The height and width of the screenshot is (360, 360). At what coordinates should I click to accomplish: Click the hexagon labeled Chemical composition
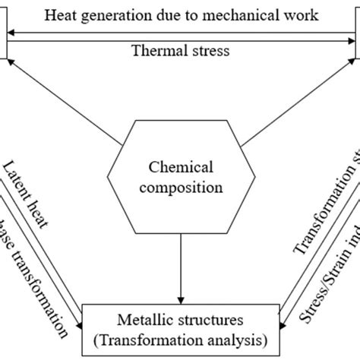click(179, 175)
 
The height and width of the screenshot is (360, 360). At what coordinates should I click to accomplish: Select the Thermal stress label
click(179, 52)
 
